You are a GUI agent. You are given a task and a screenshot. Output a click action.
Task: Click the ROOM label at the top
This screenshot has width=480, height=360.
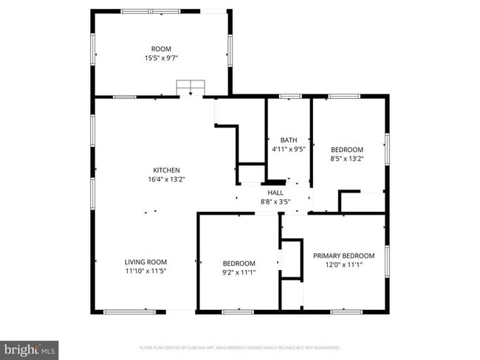pos(161,49)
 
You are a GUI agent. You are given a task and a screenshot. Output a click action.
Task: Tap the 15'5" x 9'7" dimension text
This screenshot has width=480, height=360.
pos(161,58)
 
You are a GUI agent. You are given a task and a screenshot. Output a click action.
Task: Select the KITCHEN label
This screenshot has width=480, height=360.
pos(166,170)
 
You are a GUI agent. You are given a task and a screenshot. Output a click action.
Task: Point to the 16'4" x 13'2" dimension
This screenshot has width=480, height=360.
pos(166,179)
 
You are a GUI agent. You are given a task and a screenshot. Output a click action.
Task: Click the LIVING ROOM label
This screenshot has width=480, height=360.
pos(145,262)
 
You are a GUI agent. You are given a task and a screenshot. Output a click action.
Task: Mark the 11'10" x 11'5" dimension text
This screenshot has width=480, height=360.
pos(145,271)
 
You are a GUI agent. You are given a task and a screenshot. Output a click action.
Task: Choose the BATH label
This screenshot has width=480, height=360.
pos(288,139)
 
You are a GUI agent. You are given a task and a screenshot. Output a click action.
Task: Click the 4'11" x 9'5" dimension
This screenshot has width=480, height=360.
pos(288,148)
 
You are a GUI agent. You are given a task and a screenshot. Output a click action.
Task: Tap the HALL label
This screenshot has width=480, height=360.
pos(275,193)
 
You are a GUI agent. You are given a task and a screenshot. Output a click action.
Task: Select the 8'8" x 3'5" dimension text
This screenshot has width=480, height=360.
pos(275,201)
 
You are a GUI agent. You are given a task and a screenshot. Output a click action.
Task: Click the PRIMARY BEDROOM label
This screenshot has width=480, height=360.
pos(343,256)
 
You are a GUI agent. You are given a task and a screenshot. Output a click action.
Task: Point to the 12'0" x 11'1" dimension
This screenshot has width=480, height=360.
pos(343,265)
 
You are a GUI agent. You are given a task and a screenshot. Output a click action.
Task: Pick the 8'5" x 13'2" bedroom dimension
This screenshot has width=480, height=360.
pos(346,157)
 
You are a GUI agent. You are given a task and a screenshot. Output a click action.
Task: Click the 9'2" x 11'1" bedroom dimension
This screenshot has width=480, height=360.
pos(239,272)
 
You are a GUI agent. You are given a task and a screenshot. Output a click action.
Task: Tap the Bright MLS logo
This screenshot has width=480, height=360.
pos(30,349)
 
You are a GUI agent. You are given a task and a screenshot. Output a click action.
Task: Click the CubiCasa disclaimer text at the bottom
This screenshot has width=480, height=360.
pos(240,347)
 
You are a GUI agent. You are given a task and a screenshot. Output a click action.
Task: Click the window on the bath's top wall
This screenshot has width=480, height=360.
pos(289,96)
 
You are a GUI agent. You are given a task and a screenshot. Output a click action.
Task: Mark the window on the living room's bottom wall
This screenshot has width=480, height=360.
pos(129,311)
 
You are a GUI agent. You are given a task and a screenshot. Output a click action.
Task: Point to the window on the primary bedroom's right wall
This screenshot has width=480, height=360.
pos(387,262)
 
